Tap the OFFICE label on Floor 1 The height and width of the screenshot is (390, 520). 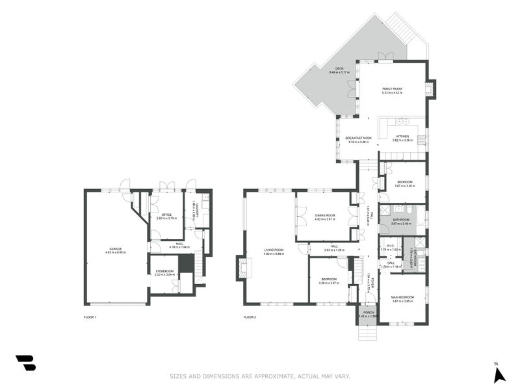[166, 214]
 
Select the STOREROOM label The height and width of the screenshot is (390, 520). [164, 271]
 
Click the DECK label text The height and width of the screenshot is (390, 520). [339, 68]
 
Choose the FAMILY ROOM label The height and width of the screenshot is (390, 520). [392, 88]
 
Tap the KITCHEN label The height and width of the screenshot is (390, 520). [402, 136]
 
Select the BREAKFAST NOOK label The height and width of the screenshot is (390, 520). [358, 138]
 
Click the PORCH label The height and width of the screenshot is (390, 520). [369, 313]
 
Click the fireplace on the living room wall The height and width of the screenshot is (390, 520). [242, 266]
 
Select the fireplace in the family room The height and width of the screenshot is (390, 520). [430, 89]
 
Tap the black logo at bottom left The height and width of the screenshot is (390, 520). [25, 363]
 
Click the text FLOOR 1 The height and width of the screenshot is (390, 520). [90, 317]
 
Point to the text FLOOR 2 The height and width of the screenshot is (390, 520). [250, 317]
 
